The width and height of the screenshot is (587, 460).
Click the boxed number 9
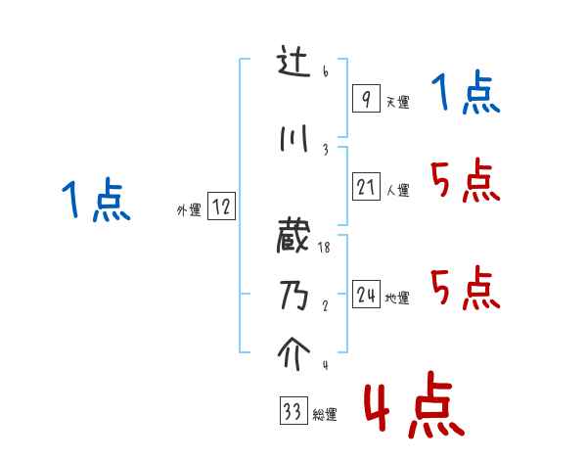point(366,99)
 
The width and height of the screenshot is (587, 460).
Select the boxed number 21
point(366,187)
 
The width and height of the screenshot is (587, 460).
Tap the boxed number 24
point(366,295)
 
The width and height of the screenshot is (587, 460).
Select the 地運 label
point(397,299)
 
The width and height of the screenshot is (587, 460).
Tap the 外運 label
point(189,209)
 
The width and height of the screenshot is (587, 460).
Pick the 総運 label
point(325,415)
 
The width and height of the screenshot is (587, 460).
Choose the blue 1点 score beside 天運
point(465,95)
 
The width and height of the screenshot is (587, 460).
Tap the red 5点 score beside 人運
point(465,181)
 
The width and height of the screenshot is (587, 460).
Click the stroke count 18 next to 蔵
point(325,250)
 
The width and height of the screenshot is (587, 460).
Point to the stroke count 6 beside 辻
point(324,73)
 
